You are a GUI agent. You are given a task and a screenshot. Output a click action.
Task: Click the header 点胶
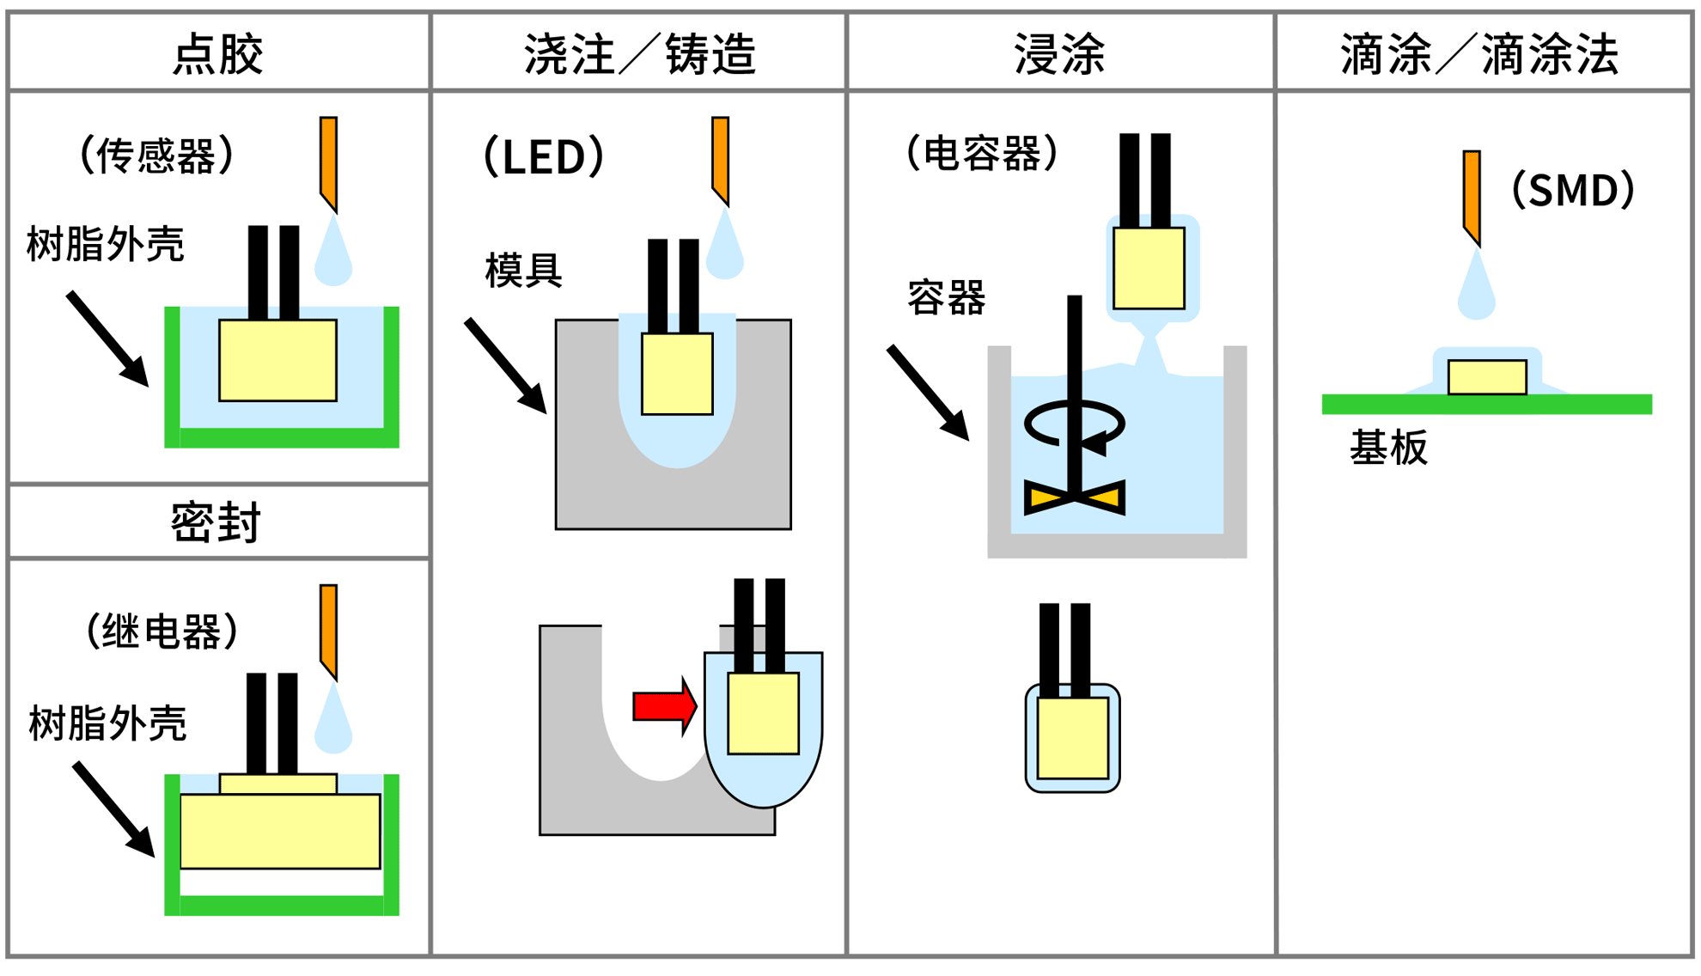217,54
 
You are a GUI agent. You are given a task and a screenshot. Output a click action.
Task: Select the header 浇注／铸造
639,54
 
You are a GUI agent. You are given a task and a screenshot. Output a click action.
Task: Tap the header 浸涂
1059,54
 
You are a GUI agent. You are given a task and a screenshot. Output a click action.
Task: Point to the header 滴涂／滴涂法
1479,54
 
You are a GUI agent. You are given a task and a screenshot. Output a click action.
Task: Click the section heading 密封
216,522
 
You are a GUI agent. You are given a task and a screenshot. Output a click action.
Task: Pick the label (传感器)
155,156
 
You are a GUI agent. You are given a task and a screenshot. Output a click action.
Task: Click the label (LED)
544,156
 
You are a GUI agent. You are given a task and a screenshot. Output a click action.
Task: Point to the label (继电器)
162,631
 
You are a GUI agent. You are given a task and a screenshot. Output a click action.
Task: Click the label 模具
523,271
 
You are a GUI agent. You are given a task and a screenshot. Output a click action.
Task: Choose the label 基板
1388,448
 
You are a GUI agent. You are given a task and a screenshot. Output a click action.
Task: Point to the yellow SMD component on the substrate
1487,377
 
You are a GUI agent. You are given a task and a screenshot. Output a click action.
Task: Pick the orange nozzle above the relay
328,629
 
